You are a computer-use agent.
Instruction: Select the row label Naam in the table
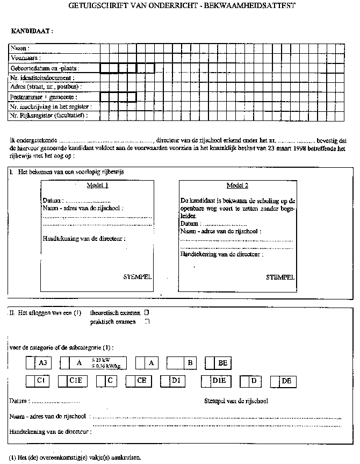pos(19,48)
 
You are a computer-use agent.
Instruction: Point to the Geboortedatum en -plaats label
pos(42,68)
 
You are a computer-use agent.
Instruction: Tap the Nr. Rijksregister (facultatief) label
pos(49,116)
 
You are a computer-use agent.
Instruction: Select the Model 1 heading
pos(98,185)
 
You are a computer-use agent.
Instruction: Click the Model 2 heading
pos(237,186)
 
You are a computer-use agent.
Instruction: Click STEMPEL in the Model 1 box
pos(138,277)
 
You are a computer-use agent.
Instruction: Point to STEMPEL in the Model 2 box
pos(280,277)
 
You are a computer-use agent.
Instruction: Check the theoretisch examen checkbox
pos(147,312)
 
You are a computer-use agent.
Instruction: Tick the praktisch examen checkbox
pos(147,322)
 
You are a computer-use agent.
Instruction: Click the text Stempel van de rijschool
pos(236,401)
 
